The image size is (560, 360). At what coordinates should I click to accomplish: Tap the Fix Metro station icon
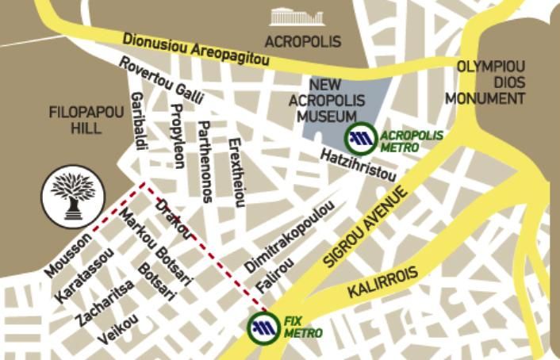pos(264,328)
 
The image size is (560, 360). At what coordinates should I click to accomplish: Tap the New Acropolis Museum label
pos(326,101)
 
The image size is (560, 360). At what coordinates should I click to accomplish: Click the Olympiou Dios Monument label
pos(485,82)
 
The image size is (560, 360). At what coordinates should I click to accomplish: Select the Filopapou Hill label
pos(86,120)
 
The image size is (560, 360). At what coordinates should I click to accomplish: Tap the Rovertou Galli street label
pos(162,80)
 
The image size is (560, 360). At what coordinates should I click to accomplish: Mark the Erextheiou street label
pos(235,172)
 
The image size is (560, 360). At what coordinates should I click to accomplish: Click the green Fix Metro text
pos(302,327)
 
